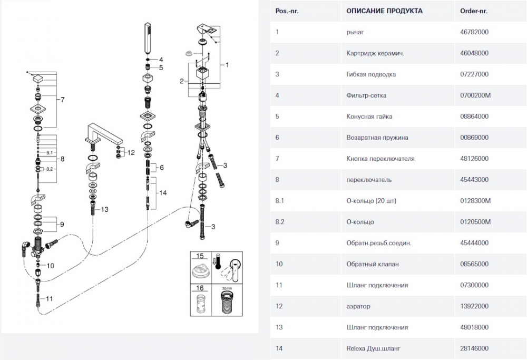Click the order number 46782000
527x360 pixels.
pos(474,32)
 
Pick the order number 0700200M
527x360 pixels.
pos(475,95)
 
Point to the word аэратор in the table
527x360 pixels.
pos(358,306)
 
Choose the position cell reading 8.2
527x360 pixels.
pos(280,222)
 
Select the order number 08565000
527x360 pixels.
pos(474,264)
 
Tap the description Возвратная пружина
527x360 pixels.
pos(377,138)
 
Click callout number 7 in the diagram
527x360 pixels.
pos(62,99)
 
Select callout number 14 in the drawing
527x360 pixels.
pos(163,193)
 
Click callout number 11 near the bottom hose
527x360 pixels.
pos(50,298)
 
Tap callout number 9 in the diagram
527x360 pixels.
pos(62,225)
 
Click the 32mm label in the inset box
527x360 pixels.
pos(227,289)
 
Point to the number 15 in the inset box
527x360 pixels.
pos(199,256)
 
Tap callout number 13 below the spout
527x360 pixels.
pos(104,209)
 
